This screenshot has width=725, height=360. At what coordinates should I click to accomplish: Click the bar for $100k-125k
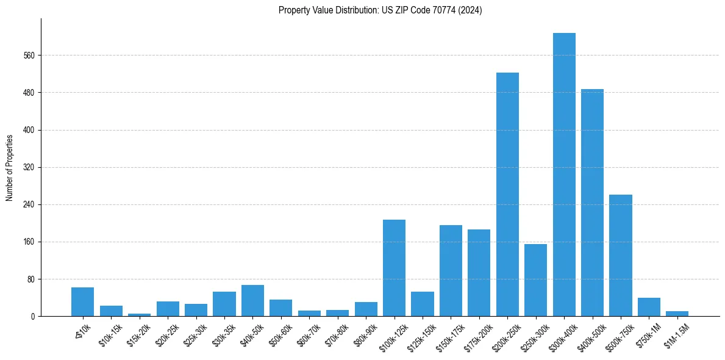[x=394, y=268]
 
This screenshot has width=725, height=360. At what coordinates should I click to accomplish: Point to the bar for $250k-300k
[x=535, y=280]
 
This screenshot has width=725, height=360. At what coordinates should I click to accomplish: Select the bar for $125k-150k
[x=423, y=304]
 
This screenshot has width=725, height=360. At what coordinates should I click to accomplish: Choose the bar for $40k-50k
[x=252, y=301]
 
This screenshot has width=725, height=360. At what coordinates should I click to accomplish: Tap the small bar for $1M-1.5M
[x=677, y=314]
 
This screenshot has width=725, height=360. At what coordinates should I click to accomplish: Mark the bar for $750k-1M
[x=649, y=307]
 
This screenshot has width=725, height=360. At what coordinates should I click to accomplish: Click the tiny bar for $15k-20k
[x=139, y=315]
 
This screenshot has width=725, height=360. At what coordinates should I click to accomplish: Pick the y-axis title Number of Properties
[x=10, y=167]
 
